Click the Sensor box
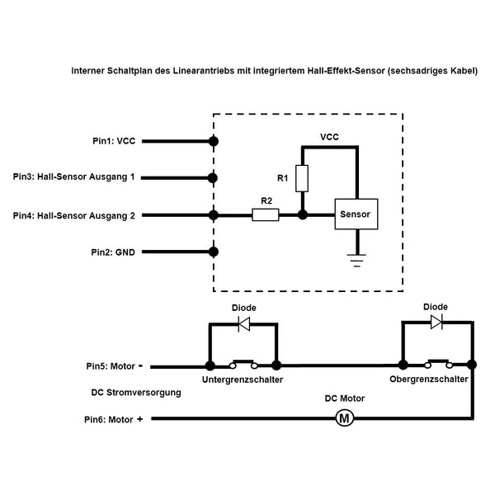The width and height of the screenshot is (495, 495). tap(356, 214)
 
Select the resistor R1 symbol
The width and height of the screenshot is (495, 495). tap(302, 178)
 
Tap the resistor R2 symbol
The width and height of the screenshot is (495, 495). tap(266, 214)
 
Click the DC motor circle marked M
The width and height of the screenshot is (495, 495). tap(344, 418)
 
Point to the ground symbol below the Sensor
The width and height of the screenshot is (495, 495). tap(357, 261)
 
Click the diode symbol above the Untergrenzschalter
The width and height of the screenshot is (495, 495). tap(244, 324)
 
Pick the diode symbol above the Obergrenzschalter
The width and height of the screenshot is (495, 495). tap(436, 323)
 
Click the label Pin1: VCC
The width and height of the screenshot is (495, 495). tap(114, 141)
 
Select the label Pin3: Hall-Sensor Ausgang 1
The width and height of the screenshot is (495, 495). tap(74, 177)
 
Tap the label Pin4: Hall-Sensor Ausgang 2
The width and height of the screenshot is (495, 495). tap(74, 215)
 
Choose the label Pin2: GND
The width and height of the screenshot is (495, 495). tap(113, 252)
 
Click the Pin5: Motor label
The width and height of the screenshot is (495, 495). tap(115, 366)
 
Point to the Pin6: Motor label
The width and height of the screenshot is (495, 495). tap(114, 420)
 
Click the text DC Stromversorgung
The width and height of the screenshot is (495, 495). tap(136, 393)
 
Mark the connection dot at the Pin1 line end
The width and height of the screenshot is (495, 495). tap(214, 141)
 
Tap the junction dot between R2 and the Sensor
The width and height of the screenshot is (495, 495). tap(303, 215)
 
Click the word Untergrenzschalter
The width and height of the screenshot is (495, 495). tap(243, 379)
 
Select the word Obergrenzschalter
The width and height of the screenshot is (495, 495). tap(429, 379)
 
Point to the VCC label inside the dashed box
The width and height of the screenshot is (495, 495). tap(329, 137)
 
